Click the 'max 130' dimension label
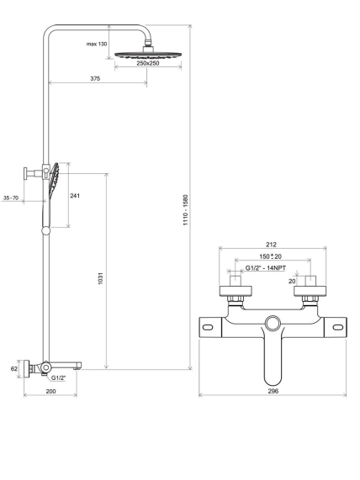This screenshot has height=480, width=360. [97, 44]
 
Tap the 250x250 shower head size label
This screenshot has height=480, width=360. [148, 63]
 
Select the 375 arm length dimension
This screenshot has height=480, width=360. [95, 79]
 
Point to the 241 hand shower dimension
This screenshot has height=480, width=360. [75, 196]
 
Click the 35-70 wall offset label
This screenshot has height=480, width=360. [11, 198]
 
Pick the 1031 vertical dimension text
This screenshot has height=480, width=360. [101, 278]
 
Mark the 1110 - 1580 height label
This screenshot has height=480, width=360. [186, 210]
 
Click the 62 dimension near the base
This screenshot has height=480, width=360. [14, 368]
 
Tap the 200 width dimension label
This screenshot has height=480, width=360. [50, 391]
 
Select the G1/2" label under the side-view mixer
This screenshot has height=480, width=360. [59, 378]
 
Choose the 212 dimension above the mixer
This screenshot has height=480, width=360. [271, 245]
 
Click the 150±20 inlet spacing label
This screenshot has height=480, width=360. [270, 256]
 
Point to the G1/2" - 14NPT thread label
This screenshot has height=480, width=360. [266, 268]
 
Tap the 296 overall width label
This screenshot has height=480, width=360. [273, 391]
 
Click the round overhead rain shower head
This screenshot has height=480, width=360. [149, 55]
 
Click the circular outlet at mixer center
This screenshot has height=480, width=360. [273, 324]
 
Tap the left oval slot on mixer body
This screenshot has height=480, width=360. [208, 328]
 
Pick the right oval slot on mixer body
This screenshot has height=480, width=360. [338, 328]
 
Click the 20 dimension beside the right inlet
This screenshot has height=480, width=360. [292, 281]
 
